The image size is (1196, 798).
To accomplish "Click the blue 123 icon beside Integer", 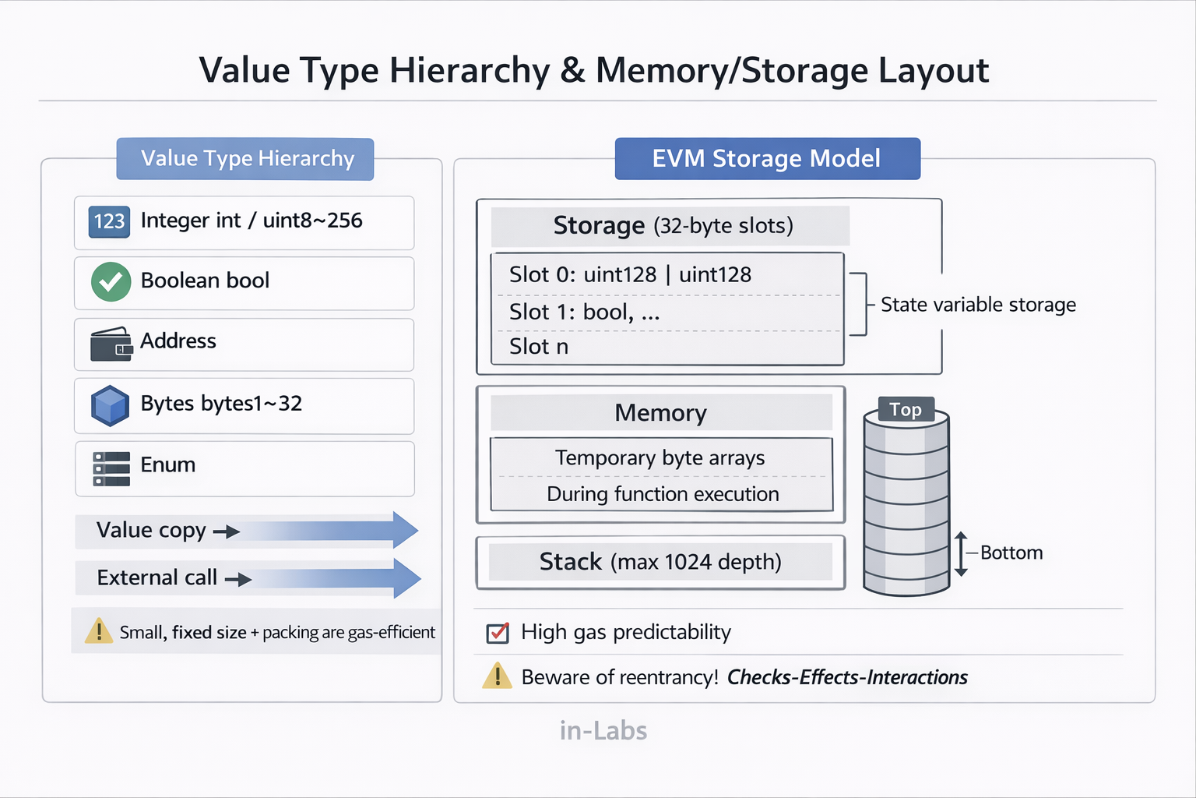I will coord(109,221).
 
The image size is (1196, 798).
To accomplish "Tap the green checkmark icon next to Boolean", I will coord(111,281).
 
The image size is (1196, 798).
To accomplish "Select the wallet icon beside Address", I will coord(111,344).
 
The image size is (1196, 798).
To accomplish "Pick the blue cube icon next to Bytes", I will coord(110,405).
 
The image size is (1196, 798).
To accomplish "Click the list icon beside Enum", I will coord(111,468).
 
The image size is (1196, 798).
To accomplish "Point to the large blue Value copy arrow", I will coord(327,531).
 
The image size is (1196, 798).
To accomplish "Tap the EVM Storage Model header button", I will coord(767,159).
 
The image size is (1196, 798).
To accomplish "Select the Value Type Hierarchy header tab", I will coord(245,159).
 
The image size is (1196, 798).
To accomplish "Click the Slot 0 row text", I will coord(630,274).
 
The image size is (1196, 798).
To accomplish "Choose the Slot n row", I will coord(539,347).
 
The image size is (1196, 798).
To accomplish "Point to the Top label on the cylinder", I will coord(906,410).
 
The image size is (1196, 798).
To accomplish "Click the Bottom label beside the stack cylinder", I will coord(1011,553).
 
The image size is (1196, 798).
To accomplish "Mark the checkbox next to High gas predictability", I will coord(498,633).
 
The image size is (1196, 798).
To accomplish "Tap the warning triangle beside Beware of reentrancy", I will coord(497,676).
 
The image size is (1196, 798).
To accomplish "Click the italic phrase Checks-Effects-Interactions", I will coord(846,677).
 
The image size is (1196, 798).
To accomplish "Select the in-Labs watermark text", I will coord(603,730).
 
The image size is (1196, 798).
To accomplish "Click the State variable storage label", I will coord(978,305).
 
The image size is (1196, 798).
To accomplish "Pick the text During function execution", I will coord(663,494).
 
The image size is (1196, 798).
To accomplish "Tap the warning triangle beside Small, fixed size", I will coord(99,630).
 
